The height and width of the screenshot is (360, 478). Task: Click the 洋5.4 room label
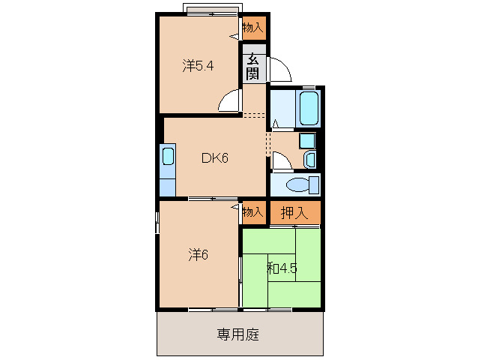coord(198,65)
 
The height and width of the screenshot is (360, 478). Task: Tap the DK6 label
coord(214,157)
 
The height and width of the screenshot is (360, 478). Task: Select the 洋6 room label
coord(198,255)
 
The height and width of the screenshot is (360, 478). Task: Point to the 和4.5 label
coord(280,267)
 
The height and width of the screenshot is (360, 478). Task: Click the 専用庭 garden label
coord(238,334)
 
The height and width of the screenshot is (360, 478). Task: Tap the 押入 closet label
coord(294,212)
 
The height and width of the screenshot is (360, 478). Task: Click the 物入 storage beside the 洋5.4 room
coord(253,28)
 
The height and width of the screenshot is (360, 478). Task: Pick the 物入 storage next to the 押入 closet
coord(253,212)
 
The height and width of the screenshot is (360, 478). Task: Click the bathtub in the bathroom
coord(309,109)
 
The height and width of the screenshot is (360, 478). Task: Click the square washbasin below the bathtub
coord(306,140)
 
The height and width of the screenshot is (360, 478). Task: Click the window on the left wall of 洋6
coord(157,222)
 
